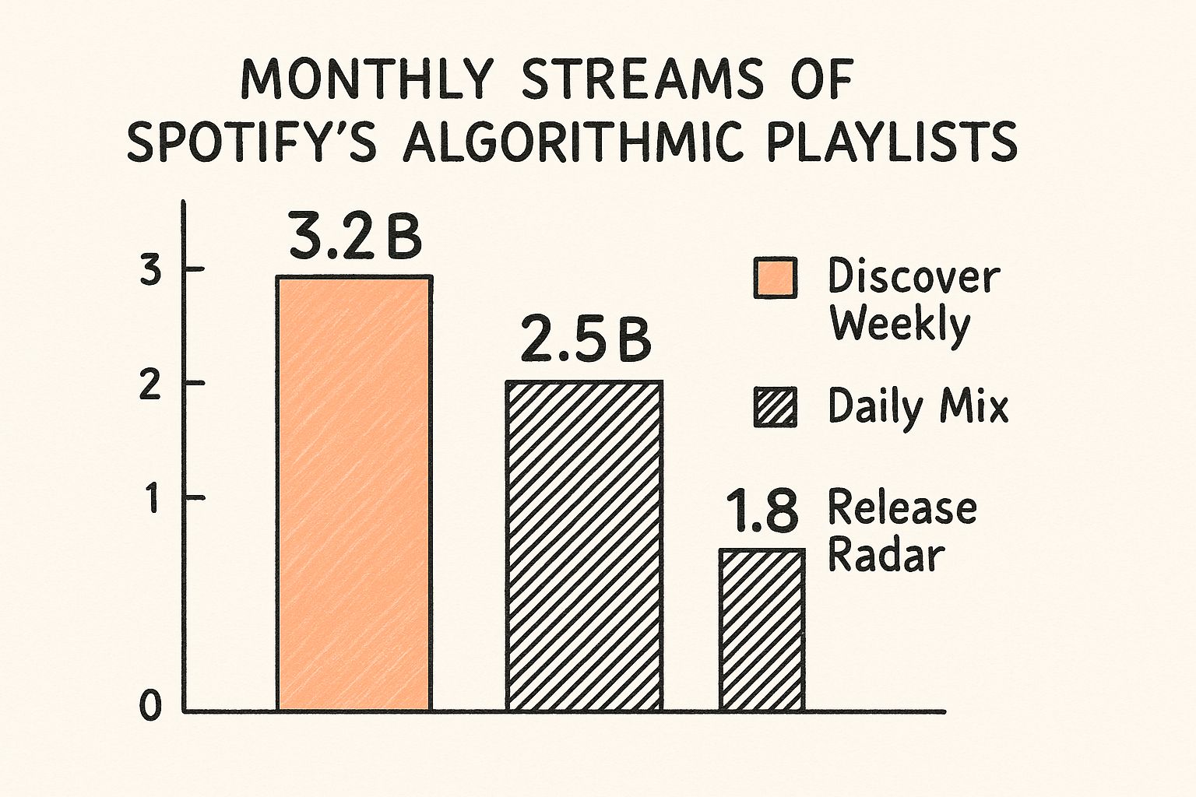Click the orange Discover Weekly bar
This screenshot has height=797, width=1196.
354,493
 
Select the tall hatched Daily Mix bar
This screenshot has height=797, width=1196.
585,546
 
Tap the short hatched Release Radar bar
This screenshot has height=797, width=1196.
762,630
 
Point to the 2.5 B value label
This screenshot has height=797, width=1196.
586,339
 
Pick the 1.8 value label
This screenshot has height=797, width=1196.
762,511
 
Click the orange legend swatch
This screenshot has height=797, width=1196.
776,278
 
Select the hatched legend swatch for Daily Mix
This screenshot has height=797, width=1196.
776,407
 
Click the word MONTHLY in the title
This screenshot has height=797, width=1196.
365,79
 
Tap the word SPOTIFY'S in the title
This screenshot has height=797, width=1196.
252,142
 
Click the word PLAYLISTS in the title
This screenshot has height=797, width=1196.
892,142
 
